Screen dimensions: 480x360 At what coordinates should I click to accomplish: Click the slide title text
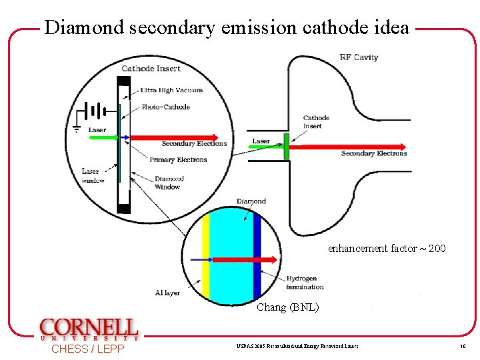[x=227, y=27]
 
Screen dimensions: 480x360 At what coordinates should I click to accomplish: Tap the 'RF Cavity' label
[x=359, y=57]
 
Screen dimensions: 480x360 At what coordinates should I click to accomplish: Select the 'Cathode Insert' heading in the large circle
[x=151, y=68]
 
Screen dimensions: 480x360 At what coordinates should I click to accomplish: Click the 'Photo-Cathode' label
[x=165, y=107]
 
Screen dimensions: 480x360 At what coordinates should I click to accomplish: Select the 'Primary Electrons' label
[x=178, y=160]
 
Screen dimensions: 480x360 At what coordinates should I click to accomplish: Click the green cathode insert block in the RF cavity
[x=286, y=147]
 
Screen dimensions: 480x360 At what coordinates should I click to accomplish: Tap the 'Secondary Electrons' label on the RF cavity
[x=373, y=154]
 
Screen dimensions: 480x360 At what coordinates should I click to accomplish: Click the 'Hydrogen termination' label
[x=305, y=283]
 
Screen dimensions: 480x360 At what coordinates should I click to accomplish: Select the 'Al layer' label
[x=167, y=293]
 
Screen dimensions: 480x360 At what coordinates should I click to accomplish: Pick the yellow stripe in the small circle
[x=206, y=261]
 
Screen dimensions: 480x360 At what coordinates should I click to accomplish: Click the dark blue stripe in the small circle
[x=257, y=261]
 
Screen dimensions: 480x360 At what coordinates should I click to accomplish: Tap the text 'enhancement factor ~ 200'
[x=387, y=249]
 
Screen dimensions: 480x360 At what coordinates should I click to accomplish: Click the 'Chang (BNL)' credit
[x=288, y=307]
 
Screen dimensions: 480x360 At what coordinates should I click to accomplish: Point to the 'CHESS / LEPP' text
[x=87, y=349]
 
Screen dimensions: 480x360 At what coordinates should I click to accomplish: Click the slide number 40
[x=461, y=347]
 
